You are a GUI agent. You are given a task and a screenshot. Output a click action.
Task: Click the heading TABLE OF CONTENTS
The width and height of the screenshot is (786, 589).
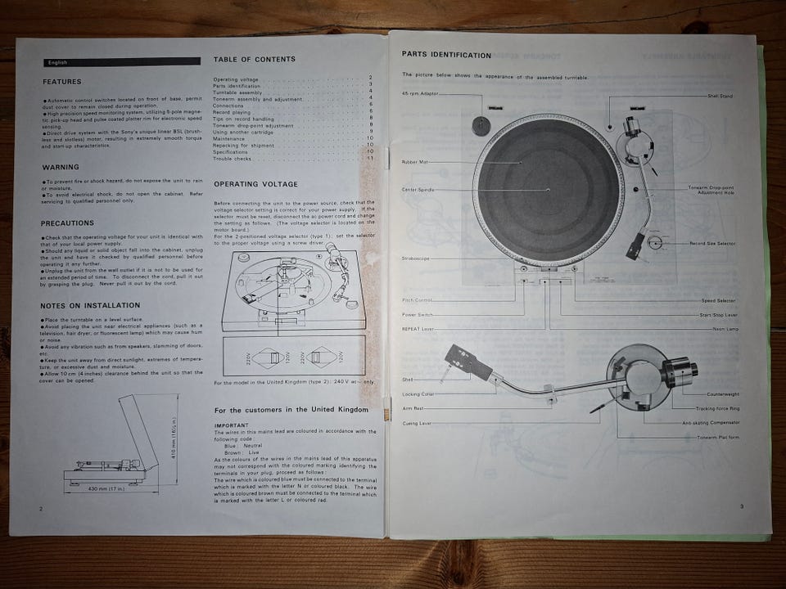[x=255, y=60]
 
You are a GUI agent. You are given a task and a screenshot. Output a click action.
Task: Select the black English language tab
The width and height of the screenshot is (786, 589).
[x=122, y=61]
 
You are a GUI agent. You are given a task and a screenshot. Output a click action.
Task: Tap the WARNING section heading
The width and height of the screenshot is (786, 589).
[x=61, y=167]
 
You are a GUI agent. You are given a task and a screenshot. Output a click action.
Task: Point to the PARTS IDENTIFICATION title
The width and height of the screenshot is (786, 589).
[x=446, y=55]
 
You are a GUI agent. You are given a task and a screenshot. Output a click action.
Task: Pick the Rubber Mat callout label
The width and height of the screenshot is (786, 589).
[x=415, y=162]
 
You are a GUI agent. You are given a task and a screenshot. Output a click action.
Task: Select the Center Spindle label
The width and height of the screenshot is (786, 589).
[x=418, y=190]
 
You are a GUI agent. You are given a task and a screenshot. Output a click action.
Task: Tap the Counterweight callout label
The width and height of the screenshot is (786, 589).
[x=723, y=394]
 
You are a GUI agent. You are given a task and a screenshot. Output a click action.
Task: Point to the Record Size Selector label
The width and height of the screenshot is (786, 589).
[x=712, y=244]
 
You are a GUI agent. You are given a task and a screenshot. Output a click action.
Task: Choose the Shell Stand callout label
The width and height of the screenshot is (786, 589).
[x=720, y=96]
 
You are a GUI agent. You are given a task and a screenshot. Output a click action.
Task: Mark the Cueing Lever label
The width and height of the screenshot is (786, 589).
[x=417, y=423]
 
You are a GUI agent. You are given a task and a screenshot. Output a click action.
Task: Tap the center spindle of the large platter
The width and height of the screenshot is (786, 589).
[x=547, y=190]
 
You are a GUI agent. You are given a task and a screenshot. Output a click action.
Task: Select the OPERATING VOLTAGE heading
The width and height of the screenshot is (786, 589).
[x=255, y=184]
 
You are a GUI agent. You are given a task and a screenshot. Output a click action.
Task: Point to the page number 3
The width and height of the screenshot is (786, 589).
[x=741, y=507]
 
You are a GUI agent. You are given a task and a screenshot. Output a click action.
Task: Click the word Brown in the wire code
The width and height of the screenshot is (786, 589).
[x=233, y=452]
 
